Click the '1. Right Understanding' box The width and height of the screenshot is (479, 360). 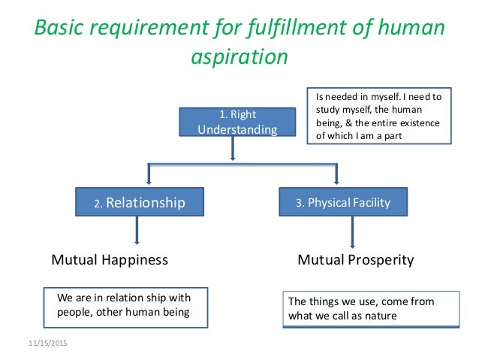(236, 122)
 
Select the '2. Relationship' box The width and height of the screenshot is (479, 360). (140, 201)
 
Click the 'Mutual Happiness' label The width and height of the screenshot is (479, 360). (109, 260)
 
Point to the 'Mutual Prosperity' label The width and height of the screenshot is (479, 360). (356, 260)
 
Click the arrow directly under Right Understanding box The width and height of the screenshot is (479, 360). (233, 149)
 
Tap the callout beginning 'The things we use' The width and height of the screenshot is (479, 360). (371, 309)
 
